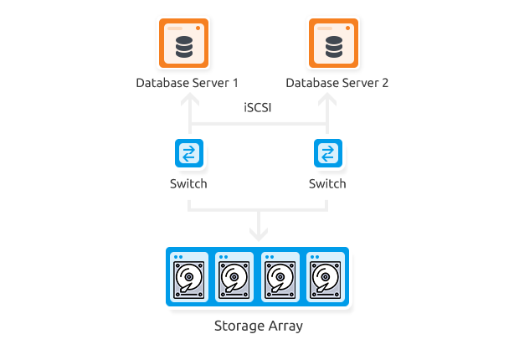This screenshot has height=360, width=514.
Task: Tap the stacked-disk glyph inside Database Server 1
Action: [x=184, y=48]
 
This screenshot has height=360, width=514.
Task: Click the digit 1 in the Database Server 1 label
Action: [x=234, y=83]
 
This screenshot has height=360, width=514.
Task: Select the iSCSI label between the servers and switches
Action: [x=258, y=107]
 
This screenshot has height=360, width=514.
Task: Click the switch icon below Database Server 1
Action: [x=191, y=154]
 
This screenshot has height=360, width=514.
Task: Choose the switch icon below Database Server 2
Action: [x=327, y=154]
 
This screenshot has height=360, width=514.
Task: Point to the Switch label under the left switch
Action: [x=188, y=183]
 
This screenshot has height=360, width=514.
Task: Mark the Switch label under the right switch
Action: [x=326, y=183]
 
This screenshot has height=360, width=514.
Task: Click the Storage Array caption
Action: [x=259, y=327]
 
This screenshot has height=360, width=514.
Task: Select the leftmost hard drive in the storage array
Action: [x=189, y=277]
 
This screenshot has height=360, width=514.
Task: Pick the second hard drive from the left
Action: [x=235, y=277]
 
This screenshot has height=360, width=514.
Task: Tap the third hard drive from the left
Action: [x=281, y=277]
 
